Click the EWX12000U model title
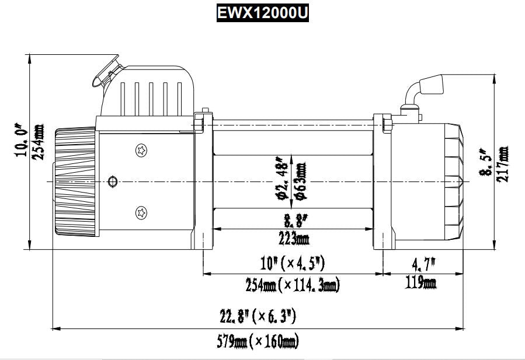262,13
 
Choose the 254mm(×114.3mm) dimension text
293,285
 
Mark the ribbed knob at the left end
74,183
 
